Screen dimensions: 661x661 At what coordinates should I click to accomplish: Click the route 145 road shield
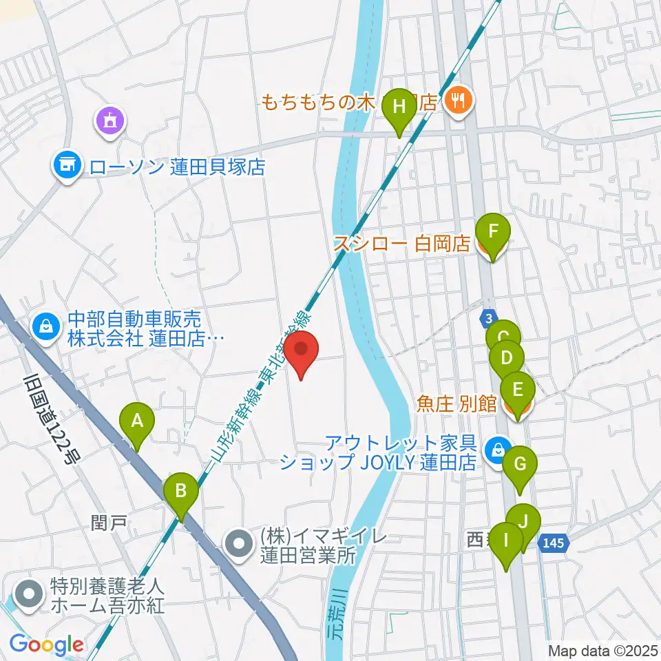tap(556, 543)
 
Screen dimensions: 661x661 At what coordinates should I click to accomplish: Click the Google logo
tap(47, 644)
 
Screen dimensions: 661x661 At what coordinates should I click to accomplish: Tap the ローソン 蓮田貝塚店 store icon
tap(67, 165)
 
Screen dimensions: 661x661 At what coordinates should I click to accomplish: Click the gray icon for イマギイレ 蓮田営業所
tap(240, 543)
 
